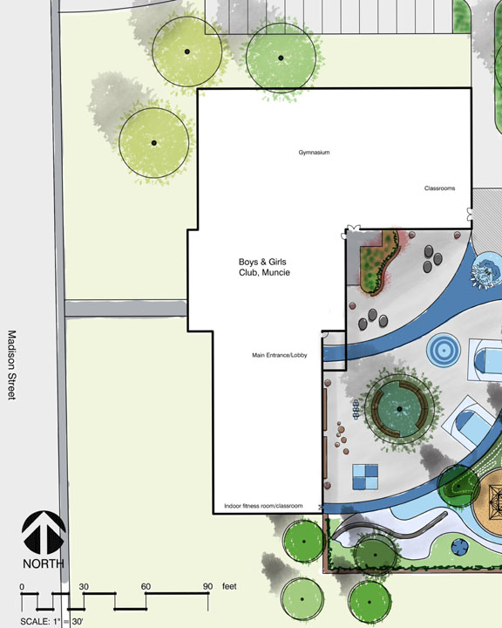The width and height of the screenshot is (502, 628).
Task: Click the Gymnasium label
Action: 315,153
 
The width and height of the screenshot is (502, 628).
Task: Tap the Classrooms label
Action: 439,188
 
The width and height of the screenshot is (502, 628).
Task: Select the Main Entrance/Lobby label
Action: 280,355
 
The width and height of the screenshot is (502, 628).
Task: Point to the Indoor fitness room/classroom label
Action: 263,506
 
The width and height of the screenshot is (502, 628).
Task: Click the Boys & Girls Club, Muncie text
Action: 264,267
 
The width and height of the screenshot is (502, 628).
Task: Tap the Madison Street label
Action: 12,365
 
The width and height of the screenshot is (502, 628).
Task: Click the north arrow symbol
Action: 44,533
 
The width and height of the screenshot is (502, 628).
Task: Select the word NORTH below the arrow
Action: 44,564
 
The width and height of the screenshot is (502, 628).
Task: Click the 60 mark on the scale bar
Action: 146,586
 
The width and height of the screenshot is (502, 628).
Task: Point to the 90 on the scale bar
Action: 207,586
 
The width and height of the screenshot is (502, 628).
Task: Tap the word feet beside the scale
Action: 229,586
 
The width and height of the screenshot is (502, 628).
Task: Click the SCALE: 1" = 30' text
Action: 51,622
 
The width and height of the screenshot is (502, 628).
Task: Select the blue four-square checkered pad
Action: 365,476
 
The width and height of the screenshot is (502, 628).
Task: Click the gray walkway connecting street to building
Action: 126,309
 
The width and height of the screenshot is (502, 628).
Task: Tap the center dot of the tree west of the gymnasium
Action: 154,143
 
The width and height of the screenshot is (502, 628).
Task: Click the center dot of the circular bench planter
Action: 399,409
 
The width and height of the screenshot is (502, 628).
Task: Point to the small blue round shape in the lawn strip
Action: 459,547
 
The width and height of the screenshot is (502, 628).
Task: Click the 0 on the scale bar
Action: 22,587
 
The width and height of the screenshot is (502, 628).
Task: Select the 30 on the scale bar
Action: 84,586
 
